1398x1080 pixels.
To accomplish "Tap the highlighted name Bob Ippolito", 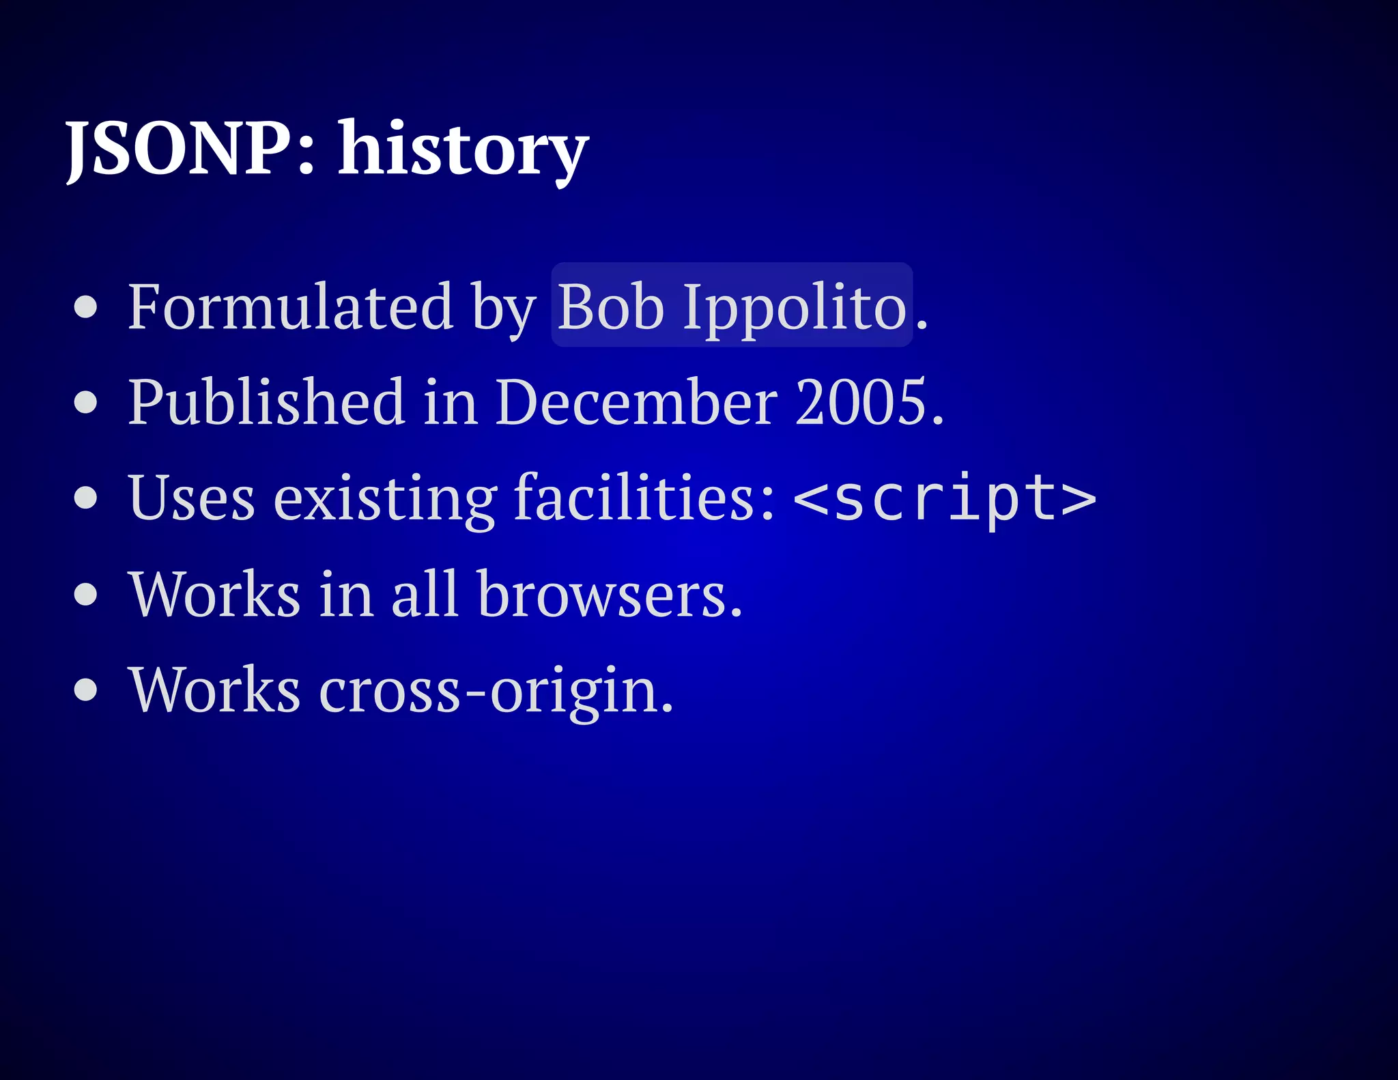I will click(732, 307).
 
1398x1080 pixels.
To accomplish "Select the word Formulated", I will click(290, 307).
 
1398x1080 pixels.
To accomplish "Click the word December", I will click(636, 402).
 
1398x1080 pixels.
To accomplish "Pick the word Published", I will click(267, 402).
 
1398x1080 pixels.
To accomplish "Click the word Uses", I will click(192, 498).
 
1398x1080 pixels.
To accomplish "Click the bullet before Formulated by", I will click(86, 307).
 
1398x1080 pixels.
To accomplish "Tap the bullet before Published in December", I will click(86, 402).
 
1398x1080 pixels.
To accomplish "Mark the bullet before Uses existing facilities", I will click(86, 498).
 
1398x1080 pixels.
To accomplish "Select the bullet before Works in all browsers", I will click(86, 594).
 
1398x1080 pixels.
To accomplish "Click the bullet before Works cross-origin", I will click(86, 690).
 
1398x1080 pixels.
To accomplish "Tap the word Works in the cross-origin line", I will click(215, 690).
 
